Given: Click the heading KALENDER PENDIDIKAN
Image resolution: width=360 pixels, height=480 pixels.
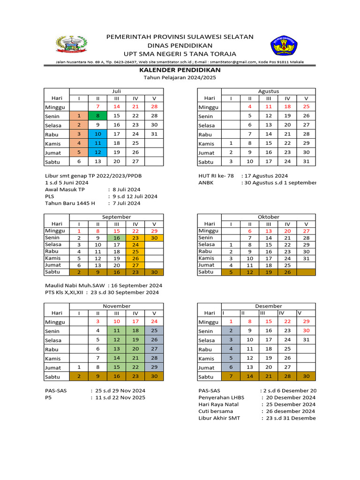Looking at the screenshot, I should click(180, 69).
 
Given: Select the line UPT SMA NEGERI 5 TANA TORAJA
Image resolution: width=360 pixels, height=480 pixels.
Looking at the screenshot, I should click(180, 53).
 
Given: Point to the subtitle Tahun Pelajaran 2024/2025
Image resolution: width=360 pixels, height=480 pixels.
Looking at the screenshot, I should click(180, 77).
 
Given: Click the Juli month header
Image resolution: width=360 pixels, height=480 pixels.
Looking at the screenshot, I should click(117, 91).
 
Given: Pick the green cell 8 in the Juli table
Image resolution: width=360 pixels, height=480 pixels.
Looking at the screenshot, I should click(98, 116).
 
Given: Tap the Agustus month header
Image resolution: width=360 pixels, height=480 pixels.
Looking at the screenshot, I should click(269, 91).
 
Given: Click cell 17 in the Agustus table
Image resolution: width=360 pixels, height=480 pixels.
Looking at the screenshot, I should click(269, 162).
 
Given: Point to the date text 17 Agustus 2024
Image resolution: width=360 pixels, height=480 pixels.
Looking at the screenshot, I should click(268, 176).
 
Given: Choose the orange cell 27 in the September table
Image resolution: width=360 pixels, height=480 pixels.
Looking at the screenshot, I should click(135, 265).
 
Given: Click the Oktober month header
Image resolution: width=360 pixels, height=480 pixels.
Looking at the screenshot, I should click(269, 217).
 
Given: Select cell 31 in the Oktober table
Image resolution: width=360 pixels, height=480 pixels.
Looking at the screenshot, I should click(306, 258).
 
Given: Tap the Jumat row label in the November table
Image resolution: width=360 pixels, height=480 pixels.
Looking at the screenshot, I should click(52, 368).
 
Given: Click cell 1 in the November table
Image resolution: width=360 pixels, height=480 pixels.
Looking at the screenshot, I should click(79, 367).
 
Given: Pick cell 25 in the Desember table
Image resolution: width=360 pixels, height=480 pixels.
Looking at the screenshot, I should click(287, 349).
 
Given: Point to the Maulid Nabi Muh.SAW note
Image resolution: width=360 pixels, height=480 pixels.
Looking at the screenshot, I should click(75, 285).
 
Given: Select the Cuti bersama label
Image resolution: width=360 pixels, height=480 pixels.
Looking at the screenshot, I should click(216, 411).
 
